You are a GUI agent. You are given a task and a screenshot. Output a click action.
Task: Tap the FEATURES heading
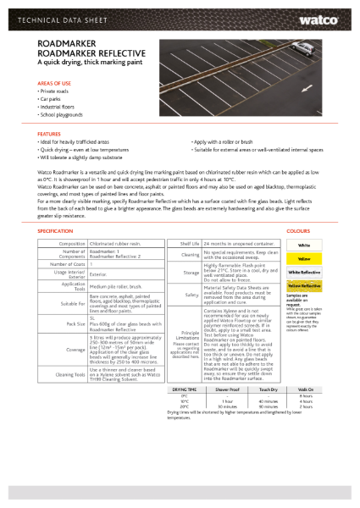pos(49,135)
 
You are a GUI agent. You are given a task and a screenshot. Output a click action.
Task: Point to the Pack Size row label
pos(73,324)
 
